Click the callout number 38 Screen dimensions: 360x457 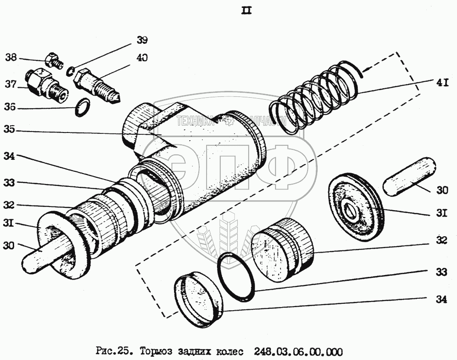pyautogui.click(x=11, y=58)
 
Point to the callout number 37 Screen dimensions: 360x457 pyautogui.click(x=11, y=85)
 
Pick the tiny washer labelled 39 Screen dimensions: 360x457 pyautogui.click(x=70, y=71)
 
